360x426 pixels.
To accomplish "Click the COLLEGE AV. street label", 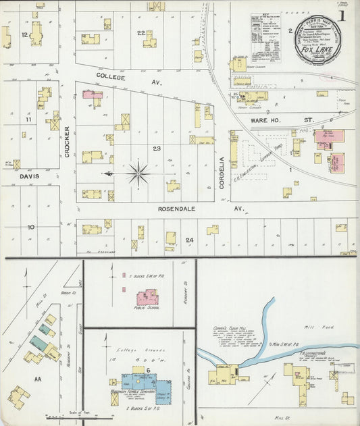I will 116,76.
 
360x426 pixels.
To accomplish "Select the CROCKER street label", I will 68,142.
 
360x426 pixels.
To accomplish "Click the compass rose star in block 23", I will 138,174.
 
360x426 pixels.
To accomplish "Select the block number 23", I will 157,148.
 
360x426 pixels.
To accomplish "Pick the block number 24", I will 190,240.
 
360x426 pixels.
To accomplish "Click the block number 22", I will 141,32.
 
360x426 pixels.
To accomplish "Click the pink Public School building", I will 148,297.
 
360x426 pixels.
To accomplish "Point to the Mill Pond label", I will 315,325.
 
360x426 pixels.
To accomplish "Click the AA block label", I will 38,379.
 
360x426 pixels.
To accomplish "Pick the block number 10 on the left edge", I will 30,227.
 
